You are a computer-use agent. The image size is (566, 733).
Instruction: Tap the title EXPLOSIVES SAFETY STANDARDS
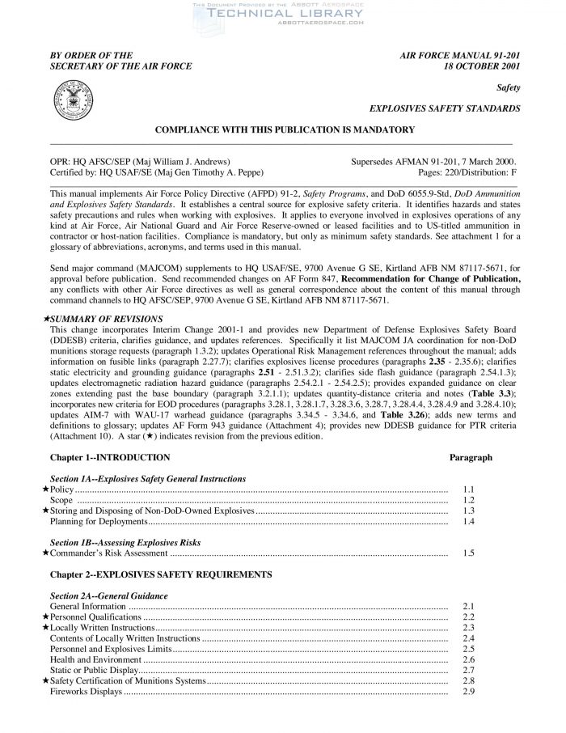coord(444,108)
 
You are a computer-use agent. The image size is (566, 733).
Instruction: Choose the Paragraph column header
coord(471,458)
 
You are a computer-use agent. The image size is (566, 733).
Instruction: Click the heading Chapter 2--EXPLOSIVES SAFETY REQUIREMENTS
coord(161,574)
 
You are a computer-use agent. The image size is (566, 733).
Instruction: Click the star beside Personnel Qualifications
coord(44,616)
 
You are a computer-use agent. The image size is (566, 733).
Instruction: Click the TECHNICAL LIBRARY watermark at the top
coord(283,15)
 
